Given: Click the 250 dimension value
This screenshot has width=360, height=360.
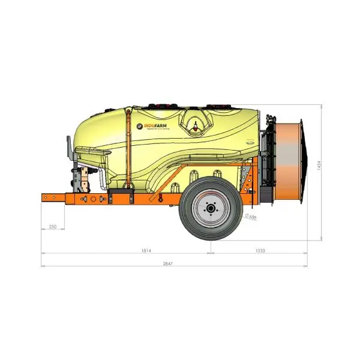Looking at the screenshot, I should (x=53, y=227).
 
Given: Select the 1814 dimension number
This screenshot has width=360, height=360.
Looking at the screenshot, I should (x=146, y=250).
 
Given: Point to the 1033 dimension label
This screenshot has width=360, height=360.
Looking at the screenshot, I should (x=259, y=250).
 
